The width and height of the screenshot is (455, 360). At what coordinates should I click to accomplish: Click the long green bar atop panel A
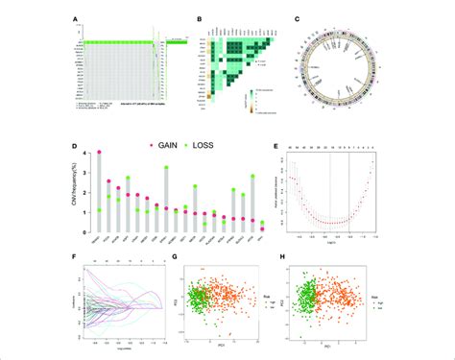120,42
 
